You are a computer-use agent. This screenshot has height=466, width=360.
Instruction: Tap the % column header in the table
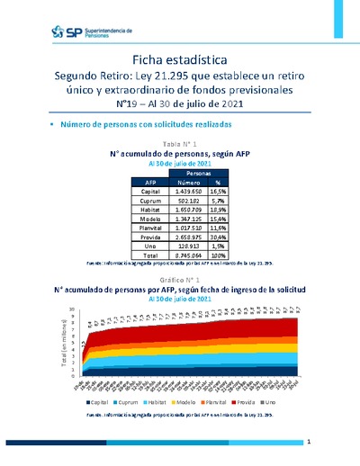(x=217, y=182)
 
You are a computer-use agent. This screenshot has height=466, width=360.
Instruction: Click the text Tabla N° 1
(x=179, y=144)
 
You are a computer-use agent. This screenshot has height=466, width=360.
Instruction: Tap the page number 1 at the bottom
(x=309, y=443)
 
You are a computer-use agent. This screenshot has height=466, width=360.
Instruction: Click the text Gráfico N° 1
(x=179, y=281)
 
